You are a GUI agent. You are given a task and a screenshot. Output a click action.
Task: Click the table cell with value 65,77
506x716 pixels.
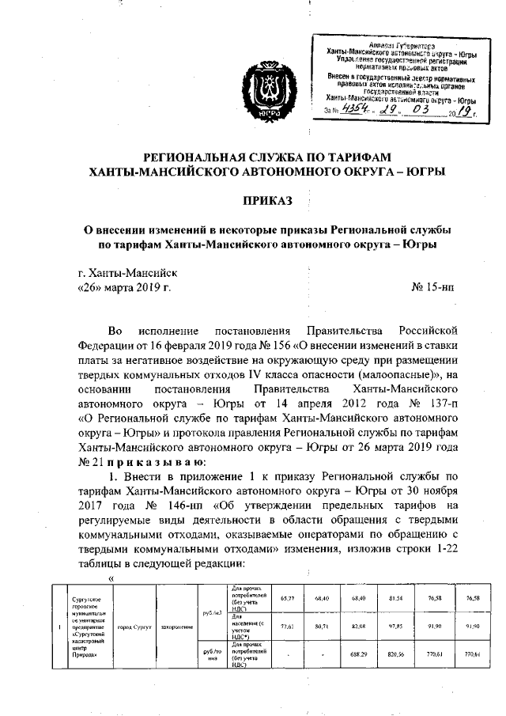pos(288,598)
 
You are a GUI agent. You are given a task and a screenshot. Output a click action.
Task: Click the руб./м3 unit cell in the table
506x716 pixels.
pos(210,612)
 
